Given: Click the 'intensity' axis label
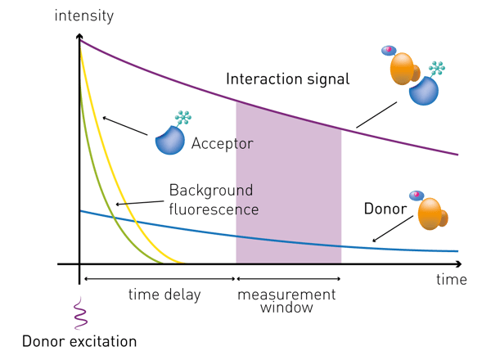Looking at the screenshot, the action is (x=84, y=16).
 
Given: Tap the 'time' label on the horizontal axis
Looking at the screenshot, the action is (x=452, y=279).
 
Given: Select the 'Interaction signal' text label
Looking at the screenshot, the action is (x=288, y=79).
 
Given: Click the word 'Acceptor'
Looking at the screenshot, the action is (x=223, y=144).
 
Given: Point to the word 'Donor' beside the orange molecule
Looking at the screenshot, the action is (x=385, y=209).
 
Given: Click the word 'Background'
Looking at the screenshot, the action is (x=211, y=191).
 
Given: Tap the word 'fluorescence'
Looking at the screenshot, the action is (x=214, y=209).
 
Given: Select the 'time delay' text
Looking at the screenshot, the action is (x=164, y=295).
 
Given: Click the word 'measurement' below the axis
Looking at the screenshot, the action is (x=286, y=295).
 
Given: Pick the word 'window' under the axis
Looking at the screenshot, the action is (x=286, y=308).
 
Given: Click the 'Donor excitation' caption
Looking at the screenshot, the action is (x=79, y=341).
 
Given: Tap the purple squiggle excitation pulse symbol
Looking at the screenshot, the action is (x=80, y=313).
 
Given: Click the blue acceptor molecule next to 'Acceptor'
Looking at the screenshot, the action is (x=170, y=140).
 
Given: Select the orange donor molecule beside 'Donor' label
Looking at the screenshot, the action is (x=433, y=214).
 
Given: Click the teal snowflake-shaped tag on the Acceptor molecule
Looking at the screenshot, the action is (x=183, y=117).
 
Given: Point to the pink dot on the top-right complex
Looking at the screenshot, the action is (x=389, y=49).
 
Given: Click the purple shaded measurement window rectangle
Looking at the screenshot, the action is (x=288, y=182).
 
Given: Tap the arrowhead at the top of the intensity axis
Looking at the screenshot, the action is (x=79, y=36).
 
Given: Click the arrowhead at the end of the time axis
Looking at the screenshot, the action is (x=459, y=264).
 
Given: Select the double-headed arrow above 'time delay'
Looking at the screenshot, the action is (x=160, y=279).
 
